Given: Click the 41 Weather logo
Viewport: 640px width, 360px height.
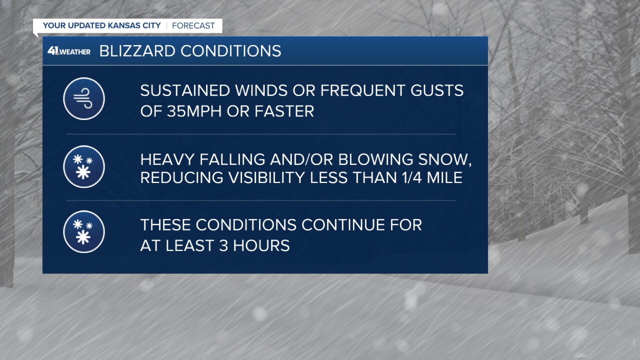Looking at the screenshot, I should tap(69, 51).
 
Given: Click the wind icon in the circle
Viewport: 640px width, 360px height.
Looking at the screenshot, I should tap(84, 99).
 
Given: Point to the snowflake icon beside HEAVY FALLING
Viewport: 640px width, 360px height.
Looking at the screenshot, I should tap(84, 166).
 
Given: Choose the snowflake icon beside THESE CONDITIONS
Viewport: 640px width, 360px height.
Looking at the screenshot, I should tap(84, 231).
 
